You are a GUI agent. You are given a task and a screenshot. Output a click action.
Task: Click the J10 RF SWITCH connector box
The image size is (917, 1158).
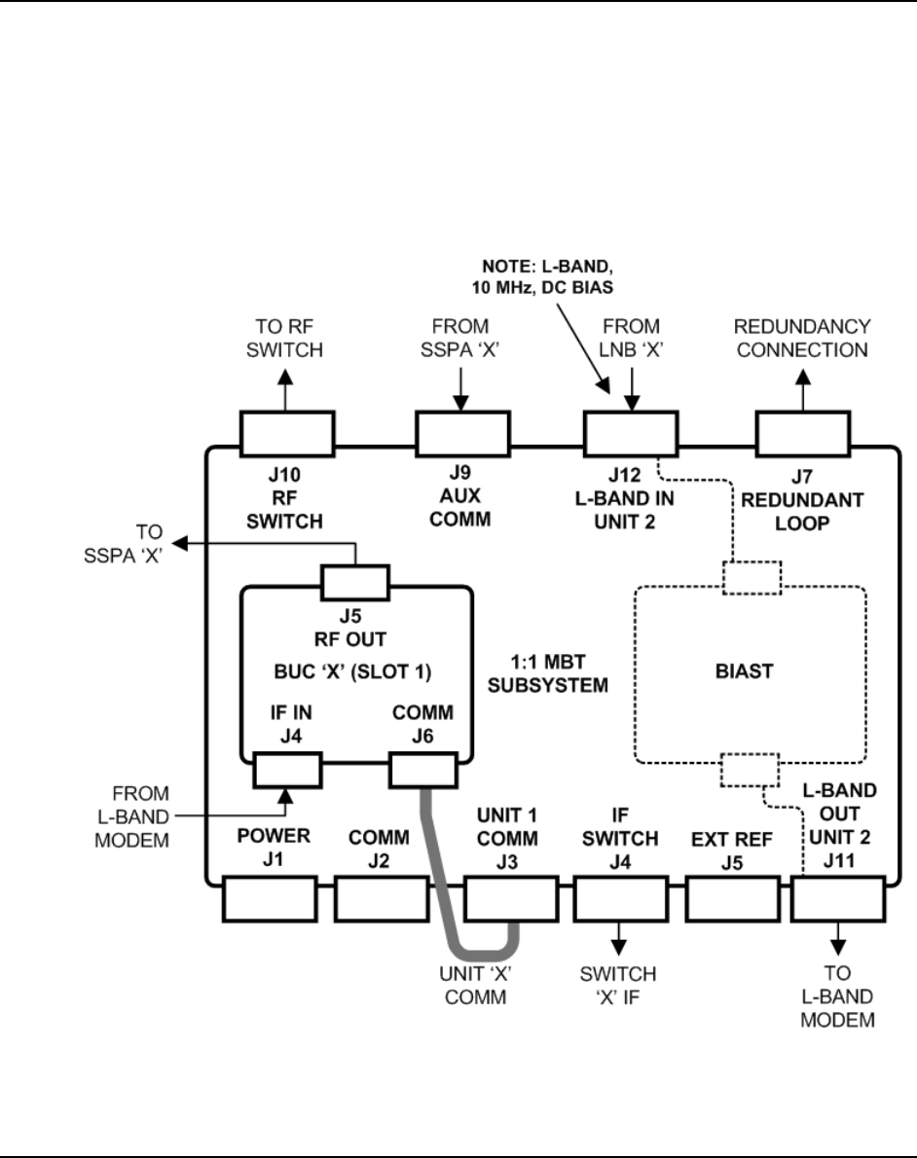tap(287, 434)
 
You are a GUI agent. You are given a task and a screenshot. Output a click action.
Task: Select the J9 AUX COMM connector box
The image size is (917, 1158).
tap(463, 434)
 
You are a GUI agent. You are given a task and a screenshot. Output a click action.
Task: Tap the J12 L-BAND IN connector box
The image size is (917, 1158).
tap(630, 434)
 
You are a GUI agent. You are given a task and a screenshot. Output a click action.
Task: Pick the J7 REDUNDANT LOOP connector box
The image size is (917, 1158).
tap(803, 434)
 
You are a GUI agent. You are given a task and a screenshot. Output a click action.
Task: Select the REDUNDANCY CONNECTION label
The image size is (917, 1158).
tap(803, 338)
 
